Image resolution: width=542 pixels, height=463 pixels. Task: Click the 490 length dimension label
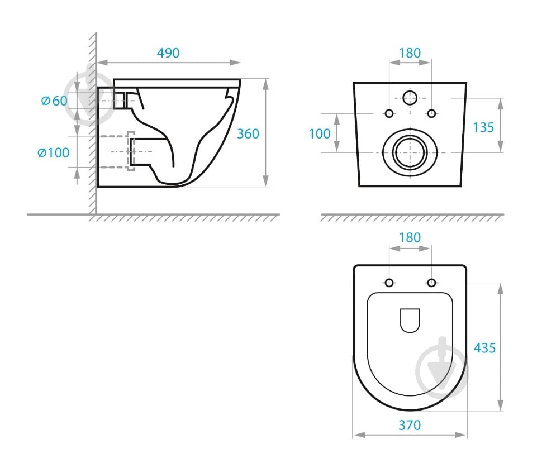pyautogui.click(x=168, y=53)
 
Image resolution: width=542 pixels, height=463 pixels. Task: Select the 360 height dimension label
pyautogui.click(x=248, y=133)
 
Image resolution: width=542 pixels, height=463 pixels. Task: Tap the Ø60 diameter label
pyautogui.click(x=54, y=101)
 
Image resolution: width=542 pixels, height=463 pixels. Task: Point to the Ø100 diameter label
pyautogui.click(x=53, y=152)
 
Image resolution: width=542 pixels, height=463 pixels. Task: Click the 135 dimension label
pyautogui.click(x=483, y=127)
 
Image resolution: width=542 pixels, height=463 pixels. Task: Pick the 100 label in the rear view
pyautogui.click(x=320, y=133)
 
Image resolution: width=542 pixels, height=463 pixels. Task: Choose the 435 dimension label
pyautogui.click(x=484, y=348)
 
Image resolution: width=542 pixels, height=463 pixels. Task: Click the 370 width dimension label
pyautogui.click(x=410, y=426)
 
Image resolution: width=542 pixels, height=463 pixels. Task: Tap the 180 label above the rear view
pyautogui.click(x=410, y=53)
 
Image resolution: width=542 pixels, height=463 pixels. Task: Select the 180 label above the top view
pyautogui.click(x=410, y=238)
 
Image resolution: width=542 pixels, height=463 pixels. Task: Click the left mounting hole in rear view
pyautogui.click(x=389, y=113)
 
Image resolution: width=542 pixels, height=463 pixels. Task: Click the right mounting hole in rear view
pyautogui.click(x=431, y=113)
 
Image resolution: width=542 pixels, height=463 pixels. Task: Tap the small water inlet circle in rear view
pyautogui.click(x=410, y=98)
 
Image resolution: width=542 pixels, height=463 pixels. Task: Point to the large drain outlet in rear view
pyautogui.click(x=410, y=152)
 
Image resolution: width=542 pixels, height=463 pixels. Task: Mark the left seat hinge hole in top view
pyautogui.click(x=389, y=283)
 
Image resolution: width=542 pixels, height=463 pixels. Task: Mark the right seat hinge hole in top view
pyautogui.click(x=431, y=283)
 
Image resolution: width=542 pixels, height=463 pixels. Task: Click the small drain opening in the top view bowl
pyautogui.click(x=410, y=320)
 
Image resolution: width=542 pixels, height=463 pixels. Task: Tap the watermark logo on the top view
pyautogui.click(x=442, y=367)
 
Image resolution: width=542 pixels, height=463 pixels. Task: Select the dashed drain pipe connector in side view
pyautogui.click(x=131, y=151)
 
